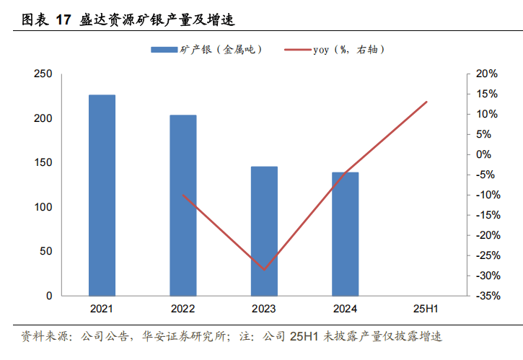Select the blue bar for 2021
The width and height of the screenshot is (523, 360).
click(x=102, y=195)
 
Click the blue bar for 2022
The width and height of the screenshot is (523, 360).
click(x=183, y=205)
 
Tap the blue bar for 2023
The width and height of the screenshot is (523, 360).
click(x=264, y=231)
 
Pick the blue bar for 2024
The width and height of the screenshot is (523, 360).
click(x=346, y=234)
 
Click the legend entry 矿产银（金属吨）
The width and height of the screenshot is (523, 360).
click(x=206, y=50)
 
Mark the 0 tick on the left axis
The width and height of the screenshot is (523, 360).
click(x=49, y=296)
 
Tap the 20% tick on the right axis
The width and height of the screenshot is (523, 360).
click(x=488, y=74)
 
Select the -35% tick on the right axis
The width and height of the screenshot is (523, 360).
click(x=486, y=296)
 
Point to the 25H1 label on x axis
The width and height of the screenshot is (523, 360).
click(x=427, y=309)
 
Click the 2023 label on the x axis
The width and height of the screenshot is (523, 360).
click(x=264, y=309)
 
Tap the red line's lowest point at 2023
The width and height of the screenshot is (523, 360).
click(x=264, y=270)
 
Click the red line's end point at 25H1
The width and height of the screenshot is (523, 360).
click(x=427, y=102)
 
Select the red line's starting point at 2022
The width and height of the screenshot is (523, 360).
click(x=183, y=195)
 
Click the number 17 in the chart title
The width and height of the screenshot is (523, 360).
click(x=63, y=20)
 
